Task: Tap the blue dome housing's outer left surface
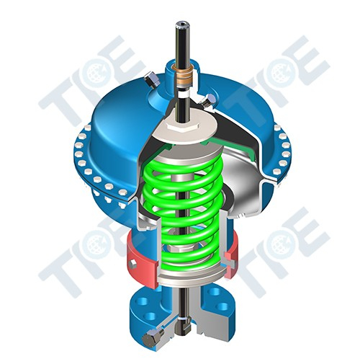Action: (108, 137)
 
